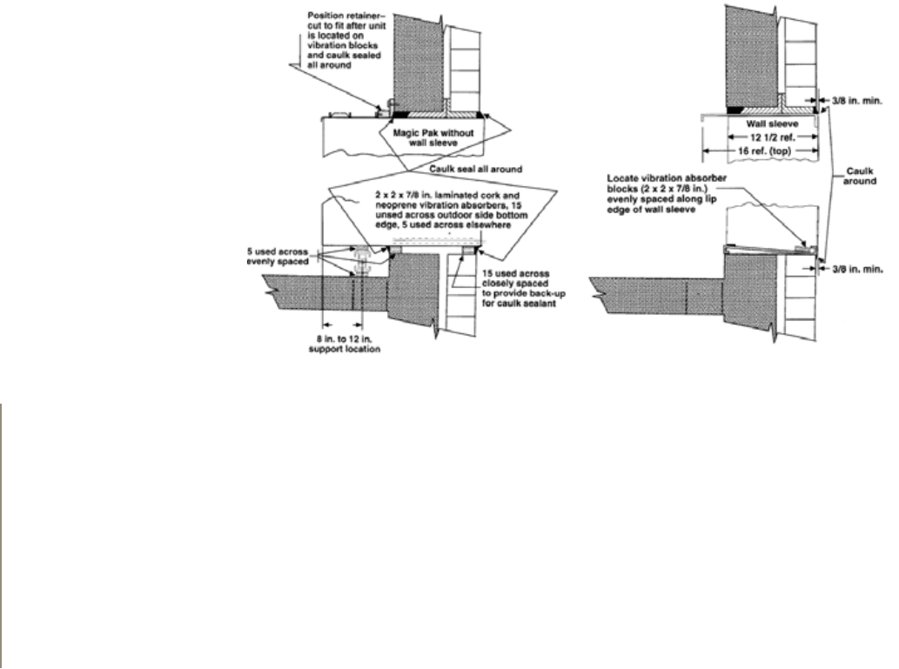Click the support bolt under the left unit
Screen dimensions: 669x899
[x=362, y=261]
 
